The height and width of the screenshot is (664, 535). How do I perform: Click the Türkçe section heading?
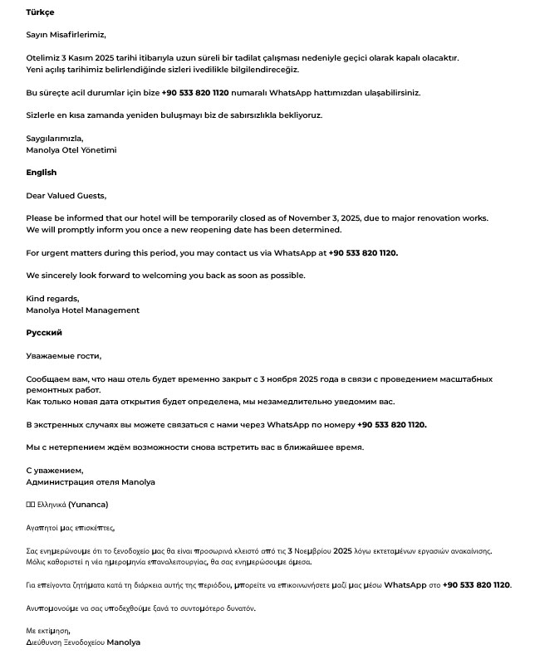40,12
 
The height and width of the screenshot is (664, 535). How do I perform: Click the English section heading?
41,173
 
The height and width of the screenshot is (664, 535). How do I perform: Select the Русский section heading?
43,333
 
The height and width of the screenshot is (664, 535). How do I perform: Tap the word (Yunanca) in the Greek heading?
88,504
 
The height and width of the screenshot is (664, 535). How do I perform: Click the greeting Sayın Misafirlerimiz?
66,35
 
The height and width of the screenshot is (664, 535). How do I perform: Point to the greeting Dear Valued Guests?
66,196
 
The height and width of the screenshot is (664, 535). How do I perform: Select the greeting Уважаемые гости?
63,356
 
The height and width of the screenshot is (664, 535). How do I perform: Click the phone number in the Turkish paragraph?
194,93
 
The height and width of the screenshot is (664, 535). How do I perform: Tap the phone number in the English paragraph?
363,253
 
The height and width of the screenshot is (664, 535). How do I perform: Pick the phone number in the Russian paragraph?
391,425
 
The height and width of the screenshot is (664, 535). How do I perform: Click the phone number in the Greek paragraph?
476,585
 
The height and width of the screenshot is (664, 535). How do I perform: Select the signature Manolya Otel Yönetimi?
71,150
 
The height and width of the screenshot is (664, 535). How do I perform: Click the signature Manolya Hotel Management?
82,310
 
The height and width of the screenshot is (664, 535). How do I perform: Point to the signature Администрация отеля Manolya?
90,482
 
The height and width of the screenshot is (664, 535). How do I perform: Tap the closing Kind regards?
52,299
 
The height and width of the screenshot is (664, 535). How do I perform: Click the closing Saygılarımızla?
54,139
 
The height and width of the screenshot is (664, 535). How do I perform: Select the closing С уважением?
54,471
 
